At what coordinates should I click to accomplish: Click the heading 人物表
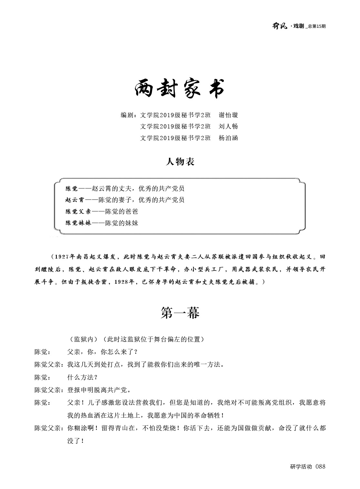(x=180, y=161)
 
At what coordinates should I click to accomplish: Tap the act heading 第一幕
(x=180, y=313)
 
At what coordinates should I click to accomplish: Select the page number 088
(x=321, y=466)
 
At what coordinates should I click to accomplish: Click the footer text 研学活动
(x=301, y=466)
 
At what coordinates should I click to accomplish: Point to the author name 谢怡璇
(x=228, y=115)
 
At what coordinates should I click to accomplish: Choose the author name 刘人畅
(x=228, y=127)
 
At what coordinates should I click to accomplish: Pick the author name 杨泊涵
(x=228, y=138)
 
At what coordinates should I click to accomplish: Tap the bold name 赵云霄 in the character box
(x=75, y=200)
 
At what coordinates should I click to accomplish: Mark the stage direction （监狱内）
(x=83, y=339)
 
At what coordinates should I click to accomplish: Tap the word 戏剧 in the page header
(x=299, y=26)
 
